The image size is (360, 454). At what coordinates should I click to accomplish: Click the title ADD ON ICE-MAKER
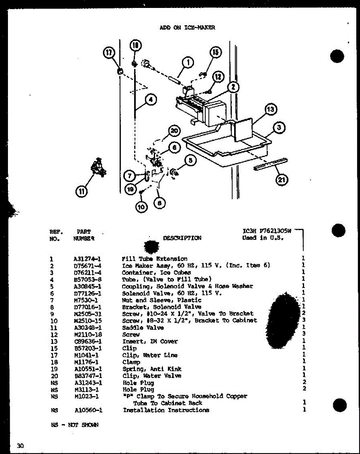tap(187, 27)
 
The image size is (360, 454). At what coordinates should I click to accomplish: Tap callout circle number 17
tap(109, 54)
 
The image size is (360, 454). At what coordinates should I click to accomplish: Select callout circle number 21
tap(281, 180)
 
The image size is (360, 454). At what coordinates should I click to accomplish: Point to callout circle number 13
tap(271, 110)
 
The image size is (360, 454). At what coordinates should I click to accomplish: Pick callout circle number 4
tap(151, 100)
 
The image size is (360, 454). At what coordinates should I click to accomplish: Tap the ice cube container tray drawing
tap(227, 146)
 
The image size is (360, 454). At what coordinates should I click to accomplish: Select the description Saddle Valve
tap(143, 328)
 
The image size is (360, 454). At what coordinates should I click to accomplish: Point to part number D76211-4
tap(88, 272)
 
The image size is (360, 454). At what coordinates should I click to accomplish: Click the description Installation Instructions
tap(166, 410)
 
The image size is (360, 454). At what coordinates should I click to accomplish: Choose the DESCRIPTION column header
tap(182, 238)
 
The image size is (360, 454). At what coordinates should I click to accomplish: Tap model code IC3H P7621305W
tap(267, 231)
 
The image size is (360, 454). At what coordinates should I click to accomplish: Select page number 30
tap(20, 446)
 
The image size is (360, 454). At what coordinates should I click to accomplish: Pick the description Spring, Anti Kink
tap(152, 369)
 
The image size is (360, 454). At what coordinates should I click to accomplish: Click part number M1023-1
tap(87, 396)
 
